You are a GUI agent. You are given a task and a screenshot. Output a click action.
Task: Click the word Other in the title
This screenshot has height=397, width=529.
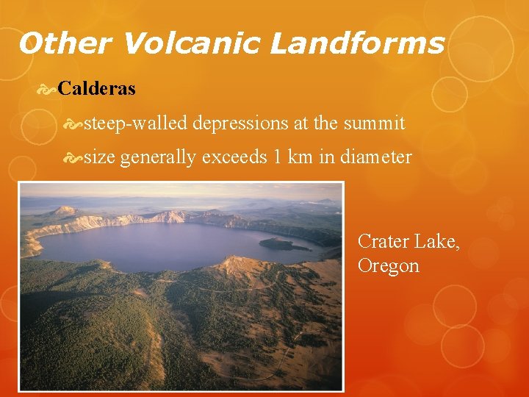point(65,44)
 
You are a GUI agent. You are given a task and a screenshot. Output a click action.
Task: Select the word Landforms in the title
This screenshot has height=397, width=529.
point(357,44)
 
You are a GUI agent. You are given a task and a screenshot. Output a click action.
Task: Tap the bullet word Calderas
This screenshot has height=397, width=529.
point(96,89)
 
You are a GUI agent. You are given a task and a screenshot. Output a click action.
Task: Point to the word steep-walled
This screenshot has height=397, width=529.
point(136,123)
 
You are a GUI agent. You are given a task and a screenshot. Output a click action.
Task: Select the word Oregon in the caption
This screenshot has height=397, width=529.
point(389,265)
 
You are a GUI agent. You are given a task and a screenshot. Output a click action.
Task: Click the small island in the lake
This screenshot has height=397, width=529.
point(284,243)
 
